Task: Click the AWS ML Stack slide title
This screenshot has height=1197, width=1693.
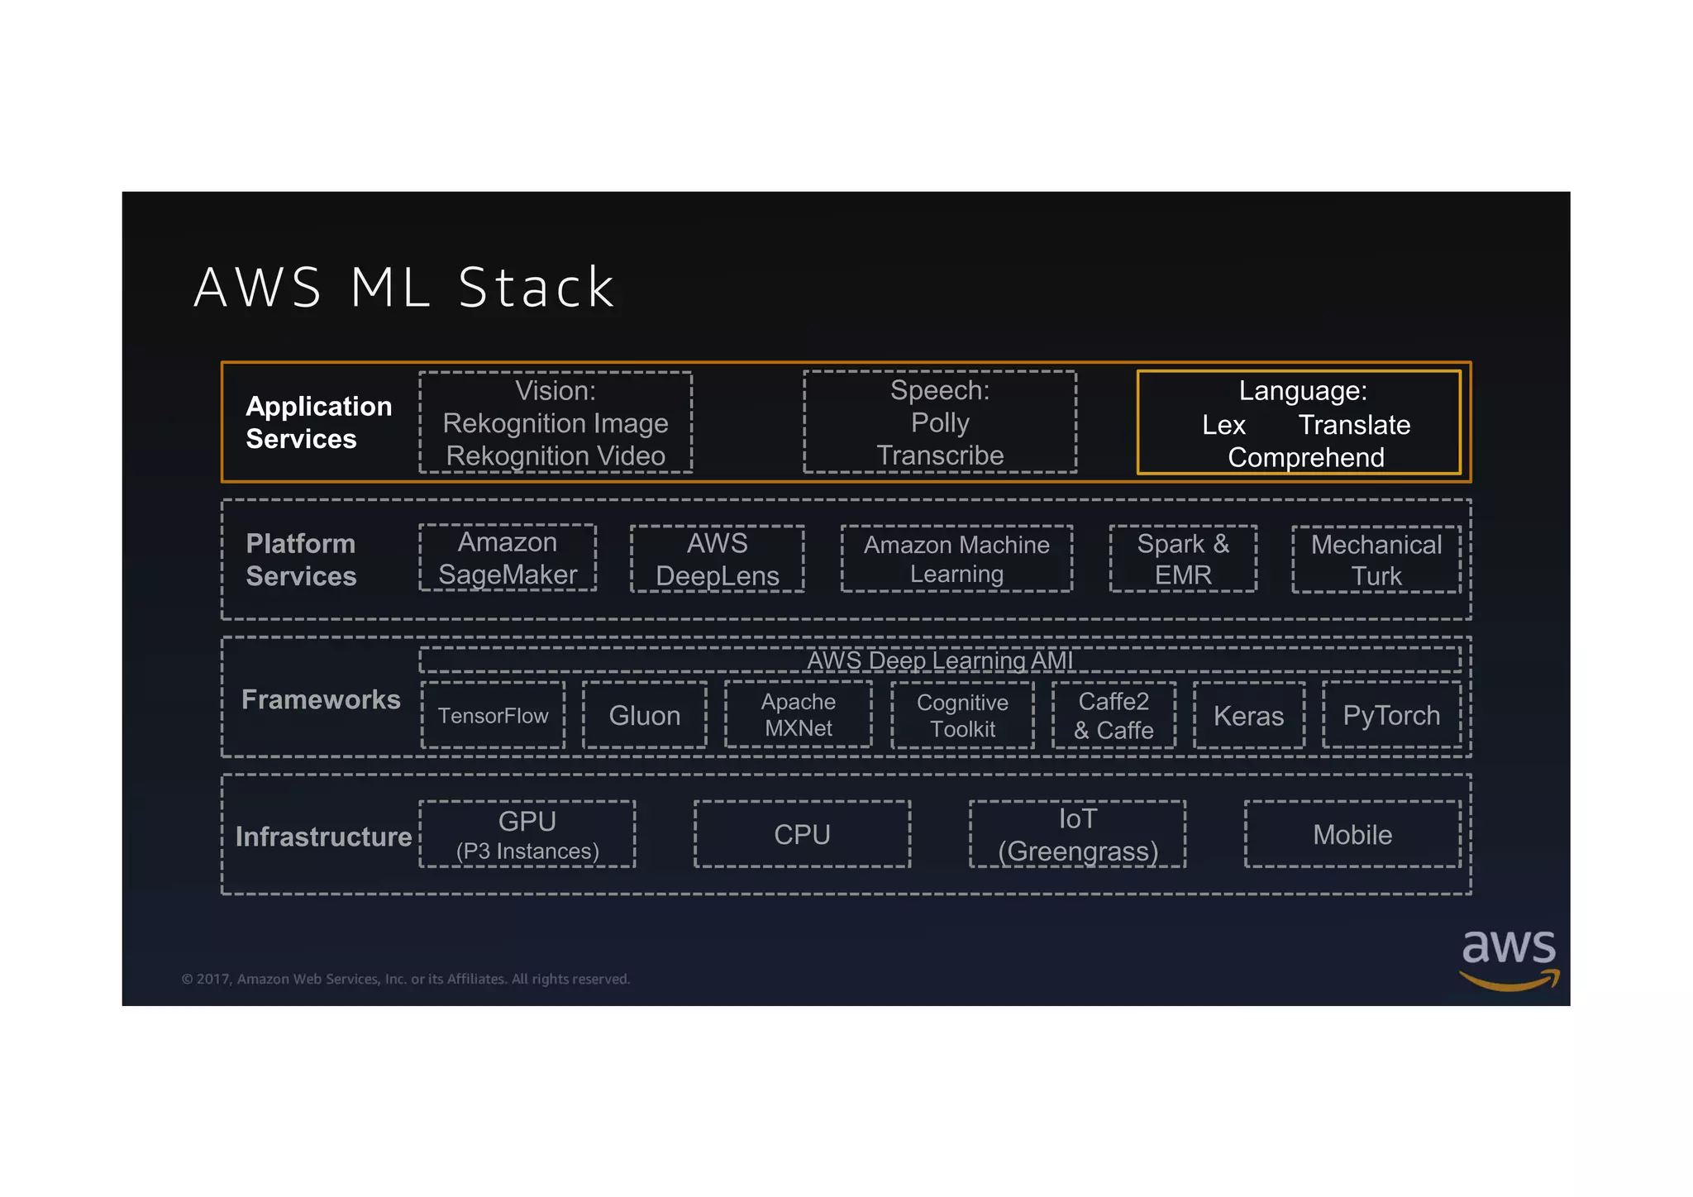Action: (404, 288)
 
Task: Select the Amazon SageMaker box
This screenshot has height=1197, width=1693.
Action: (508, 558)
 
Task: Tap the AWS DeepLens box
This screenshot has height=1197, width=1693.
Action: (717, 559)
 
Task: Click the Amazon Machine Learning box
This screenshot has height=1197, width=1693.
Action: (956, 559)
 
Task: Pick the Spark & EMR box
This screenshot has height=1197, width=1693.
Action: (1183, 559)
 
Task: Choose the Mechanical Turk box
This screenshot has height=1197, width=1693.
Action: (1376, 560)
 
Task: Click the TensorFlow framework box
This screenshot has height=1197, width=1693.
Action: (493, 715)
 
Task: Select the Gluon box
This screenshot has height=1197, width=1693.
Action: (645, 715)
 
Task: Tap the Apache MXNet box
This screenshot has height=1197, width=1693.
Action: (799, 714)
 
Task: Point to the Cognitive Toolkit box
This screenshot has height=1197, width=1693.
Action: (962, 715)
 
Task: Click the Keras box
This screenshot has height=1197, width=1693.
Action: (1248, 715)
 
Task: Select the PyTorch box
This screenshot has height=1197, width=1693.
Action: (1391, 715)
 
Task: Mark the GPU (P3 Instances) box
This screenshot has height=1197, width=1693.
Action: (527, 834)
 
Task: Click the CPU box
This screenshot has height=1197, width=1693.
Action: (802, 834)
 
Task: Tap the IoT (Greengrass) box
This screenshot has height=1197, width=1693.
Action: (1077, 834)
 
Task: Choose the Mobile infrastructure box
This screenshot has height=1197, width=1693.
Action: (1352, 834)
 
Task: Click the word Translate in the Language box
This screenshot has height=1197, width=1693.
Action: (1354, 425)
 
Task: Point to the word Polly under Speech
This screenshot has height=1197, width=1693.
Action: (940, 422)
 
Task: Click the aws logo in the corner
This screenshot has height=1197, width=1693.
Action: (1509, 959)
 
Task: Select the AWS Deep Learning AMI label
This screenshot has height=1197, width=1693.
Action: (940, 660)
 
